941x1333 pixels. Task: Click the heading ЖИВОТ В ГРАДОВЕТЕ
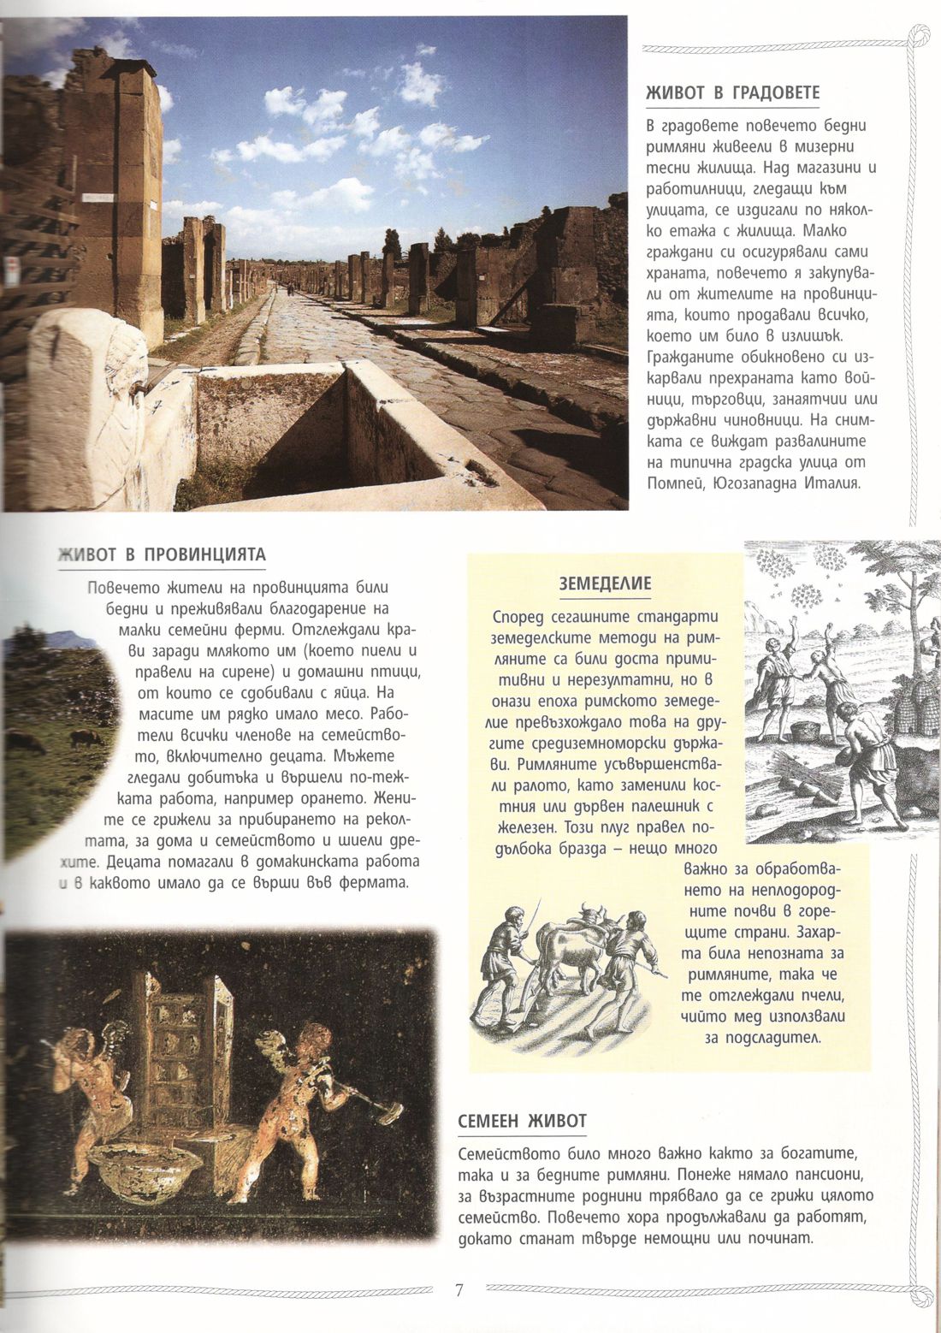tap(733, 93)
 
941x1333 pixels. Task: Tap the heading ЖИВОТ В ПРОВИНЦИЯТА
tap(162, 554)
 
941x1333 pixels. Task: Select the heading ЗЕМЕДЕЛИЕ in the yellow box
tap(605, 584)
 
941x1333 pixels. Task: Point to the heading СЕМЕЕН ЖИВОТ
tap(522, 1121)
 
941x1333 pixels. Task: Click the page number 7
tap(459, 1290)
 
